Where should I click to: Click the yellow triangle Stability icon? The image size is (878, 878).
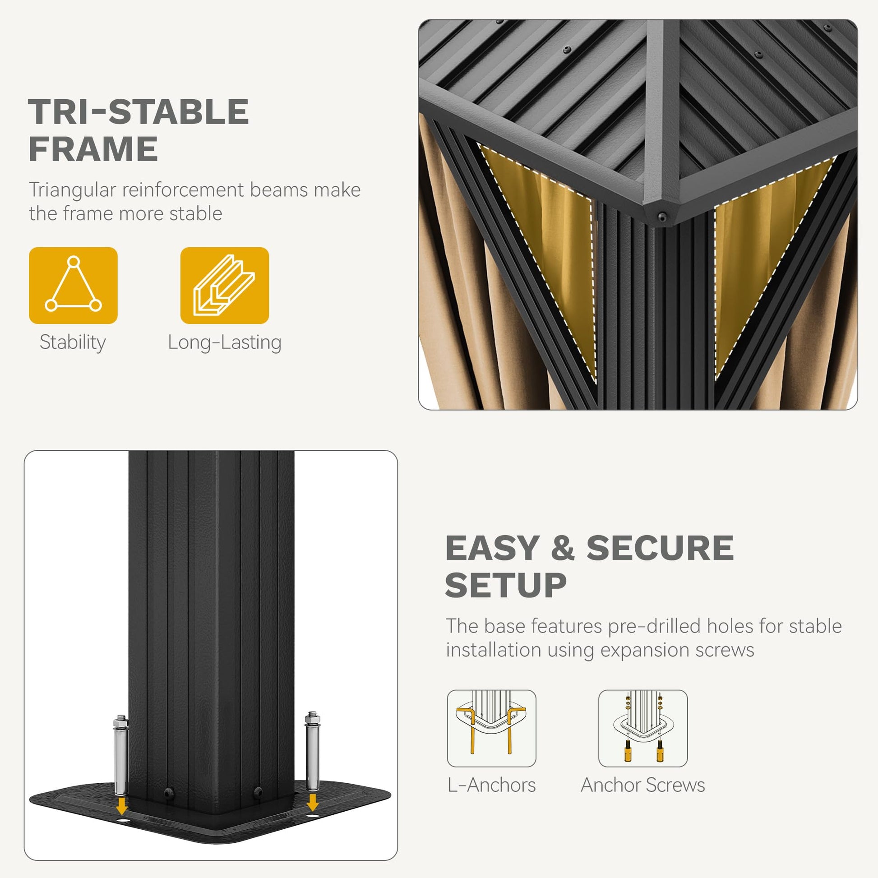73,286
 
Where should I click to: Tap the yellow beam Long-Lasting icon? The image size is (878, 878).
225,286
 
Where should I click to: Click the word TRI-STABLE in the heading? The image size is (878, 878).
139,112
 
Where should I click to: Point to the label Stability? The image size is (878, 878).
73,342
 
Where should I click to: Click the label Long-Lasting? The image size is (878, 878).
225,342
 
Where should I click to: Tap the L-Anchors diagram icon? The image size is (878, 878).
491,728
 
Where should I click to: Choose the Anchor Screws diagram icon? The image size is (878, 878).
642,728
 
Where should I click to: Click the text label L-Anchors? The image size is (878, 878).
491,786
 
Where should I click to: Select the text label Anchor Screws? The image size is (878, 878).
642,786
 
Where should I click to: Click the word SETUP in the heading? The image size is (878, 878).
506,585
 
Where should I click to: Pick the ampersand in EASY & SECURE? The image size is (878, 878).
563,548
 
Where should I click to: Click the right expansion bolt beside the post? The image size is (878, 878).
312,751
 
